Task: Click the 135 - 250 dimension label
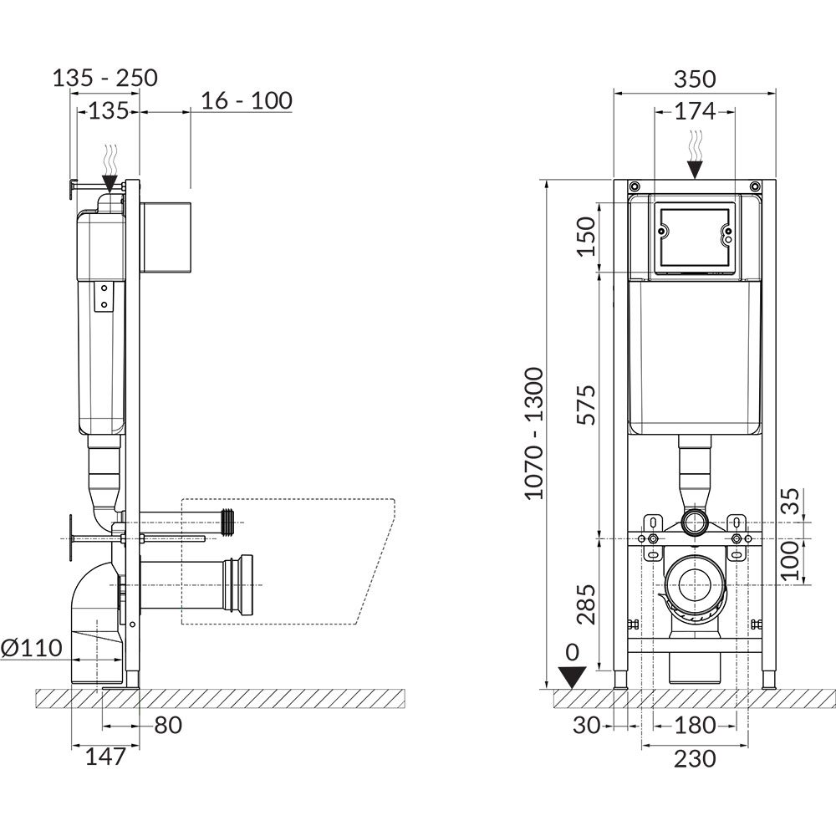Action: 105,78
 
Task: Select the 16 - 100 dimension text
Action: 247,100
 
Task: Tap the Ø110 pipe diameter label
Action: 32,648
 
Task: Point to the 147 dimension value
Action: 105,757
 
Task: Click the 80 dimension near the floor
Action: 168,725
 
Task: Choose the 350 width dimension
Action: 695,79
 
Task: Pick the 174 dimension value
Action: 695,111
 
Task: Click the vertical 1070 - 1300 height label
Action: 533,433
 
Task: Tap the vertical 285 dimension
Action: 587,604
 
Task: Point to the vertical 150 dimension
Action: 587,237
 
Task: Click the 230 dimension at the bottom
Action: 695,759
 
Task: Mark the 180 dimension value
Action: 695,725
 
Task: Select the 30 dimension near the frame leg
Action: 587,725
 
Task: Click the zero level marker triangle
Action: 571,678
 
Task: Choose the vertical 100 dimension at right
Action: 790,560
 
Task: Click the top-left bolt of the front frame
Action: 635,186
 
